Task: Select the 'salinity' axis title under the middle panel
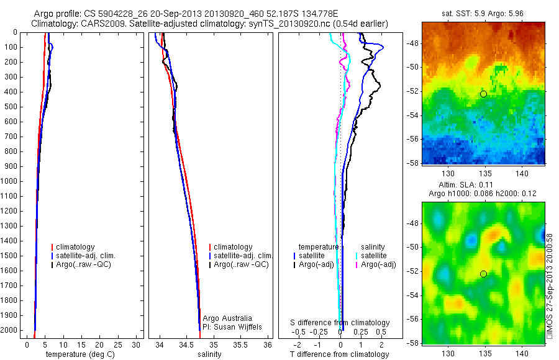209,354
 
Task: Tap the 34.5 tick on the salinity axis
187,344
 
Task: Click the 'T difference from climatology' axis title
339,354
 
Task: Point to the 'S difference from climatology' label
340,323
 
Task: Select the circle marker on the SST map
483,94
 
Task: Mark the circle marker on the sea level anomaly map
483,274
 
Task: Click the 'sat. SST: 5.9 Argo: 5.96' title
484,12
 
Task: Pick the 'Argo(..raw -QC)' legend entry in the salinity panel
240,264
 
